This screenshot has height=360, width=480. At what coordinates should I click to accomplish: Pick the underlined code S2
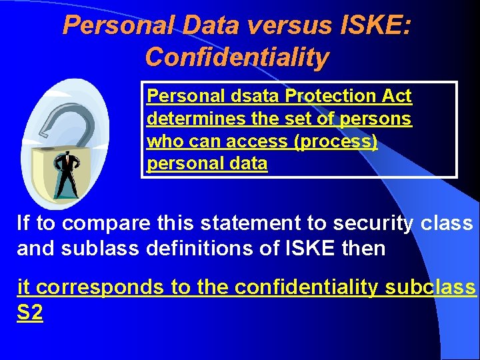(x=30, y=313)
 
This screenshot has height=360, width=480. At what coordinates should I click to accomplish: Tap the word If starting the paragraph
(x=23, y=223)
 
